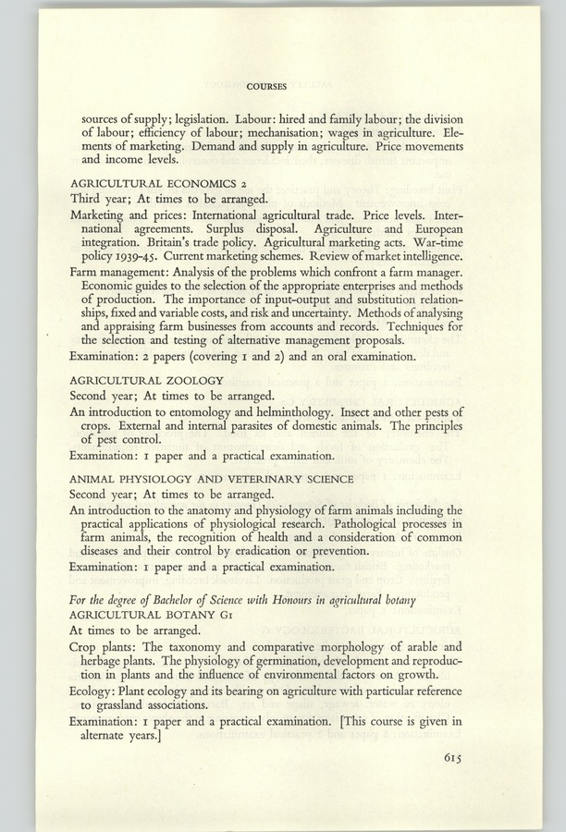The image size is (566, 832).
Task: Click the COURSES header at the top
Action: coord(266,86)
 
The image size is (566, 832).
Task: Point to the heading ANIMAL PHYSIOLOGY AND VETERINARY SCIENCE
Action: coord(212,478)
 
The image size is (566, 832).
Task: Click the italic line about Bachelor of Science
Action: coord(242,601)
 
